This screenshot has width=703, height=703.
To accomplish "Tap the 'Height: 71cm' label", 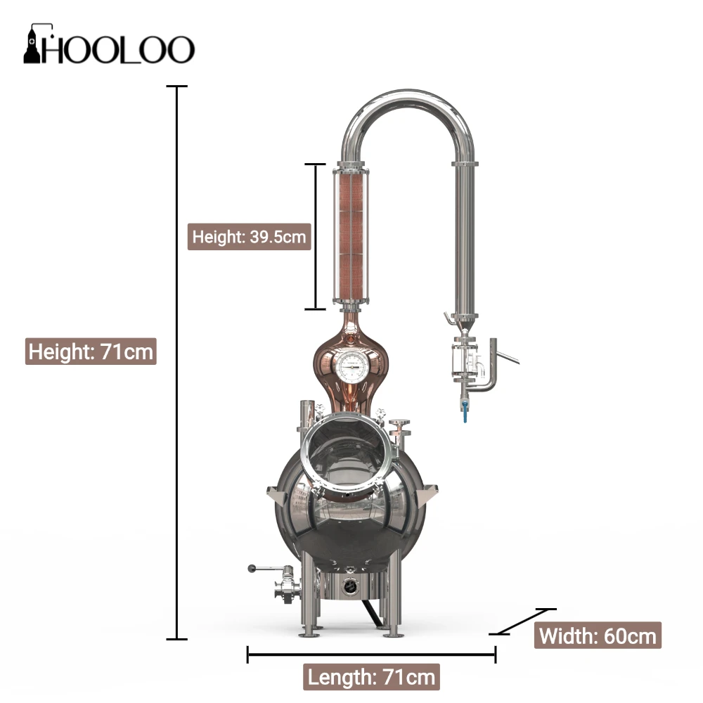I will point(91,350).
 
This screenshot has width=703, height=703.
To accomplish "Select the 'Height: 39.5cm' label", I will point(250,236).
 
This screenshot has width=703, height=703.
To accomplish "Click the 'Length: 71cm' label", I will point(373,678).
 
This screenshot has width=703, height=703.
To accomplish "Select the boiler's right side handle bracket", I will point(425,496).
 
